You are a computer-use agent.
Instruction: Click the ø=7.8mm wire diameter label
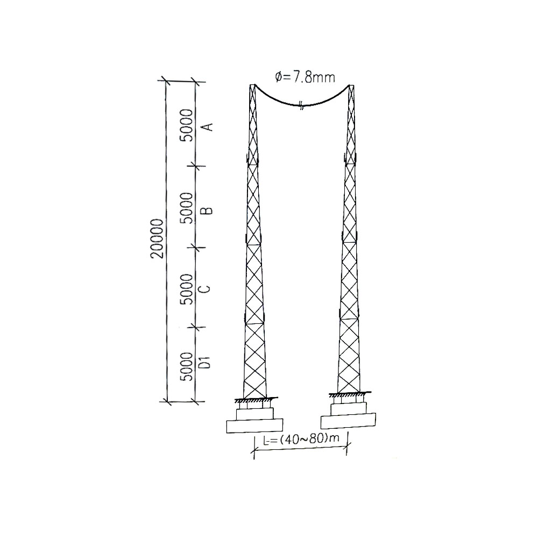click(x=305, y=77)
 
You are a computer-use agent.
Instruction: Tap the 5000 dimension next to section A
click(x=187, y=125)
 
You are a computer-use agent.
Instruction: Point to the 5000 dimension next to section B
click(x=187, y=208)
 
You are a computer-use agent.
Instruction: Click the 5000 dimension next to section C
click(x=187, y=289)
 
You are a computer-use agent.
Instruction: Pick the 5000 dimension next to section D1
click(x=187, y=366)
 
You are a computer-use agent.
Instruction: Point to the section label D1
click(x=205, y=362)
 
